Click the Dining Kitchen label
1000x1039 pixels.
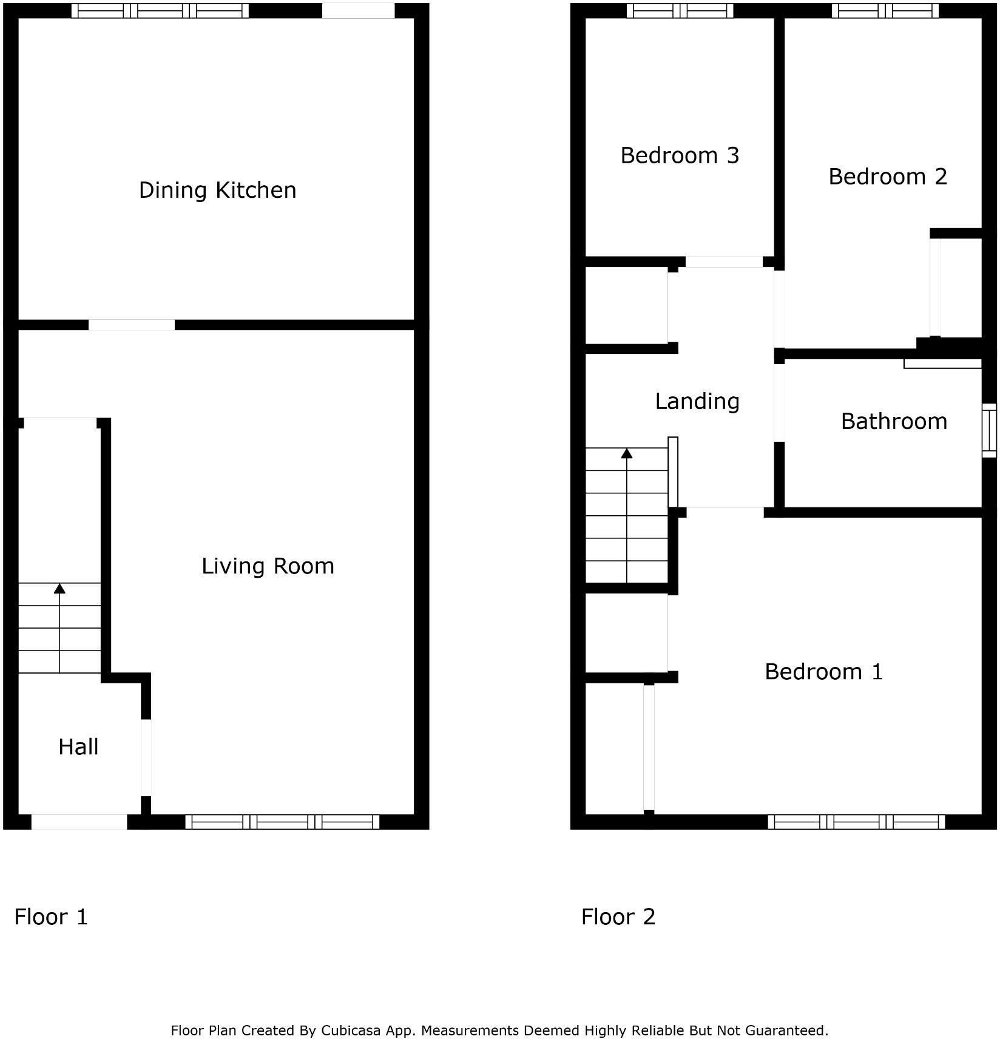pyautogui.click(x=217, y=191)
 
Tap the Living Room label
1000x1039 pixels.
pyautogui.click(x=268, y=566)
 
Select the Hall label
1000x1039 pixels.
pyautogui.click(x=78, y=747)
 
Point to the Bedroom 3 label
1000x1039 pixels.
pyautogui.click(x=680, y=156)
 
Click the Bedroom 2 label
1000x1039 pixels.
pyautogui.click(x=887, y=177)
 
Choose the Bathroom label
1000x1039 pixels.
pyautogui.click(x=894, y=422)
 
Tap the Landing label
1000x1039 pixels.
pyautogui.click(x=697, y=402)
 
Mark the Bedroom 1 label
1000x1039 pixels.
pyautogui.click(x=823, y=672)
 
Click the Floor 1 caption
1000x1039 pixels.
pyautogui.click(x=51, y=917)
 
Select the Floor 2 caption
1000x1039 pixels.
pyautogui.click(x=618, y=917)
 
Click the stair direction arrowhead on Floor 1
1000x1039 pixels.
pyautogui.click(x=59, y=588)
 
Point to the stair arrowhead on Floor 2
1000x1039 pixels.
pyautogui.click(x=627, y=453)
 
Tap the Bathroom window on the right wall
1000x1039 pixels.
pyautogui.click(x=989, y=430)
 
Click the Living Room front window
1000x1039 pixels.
pyautogui.click(x=282, y=822)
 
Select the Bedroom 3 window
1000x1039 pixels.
pyautogui.click(x=680, y=11)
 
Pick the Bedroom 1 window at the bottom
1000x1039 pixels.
pyautogui.click(x=856, y=822)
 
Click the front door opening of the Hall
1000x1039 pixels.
pyautogui.click(x=79, y=822)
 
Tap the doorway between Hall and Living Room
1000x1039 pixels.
pyautogui.click(x=146, y=757)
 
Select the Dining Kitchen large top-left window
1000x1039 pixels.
pyautogui.click(x=160, y=11)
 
